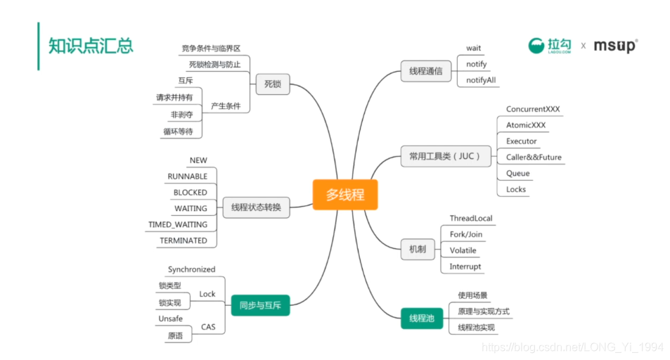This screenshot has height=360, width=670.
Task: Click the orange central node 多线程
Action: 344,195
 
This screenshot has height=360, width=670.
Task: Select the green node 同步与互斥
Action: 260,305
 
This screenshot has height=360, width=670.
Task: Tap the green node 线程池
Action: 422,319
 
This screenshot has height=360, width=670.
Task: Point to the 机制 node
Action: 417,250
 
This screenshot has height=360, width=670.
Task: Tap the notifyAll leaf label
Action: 481,80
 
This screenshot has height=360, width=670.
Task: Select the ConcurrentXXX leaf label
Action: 533,109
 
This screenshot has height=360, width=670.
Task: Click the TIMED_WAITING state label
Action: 178,224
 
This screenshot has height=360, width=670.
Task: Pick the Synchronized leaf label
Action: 191,269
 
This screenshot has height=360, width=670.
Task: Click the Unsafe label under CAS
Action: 171,319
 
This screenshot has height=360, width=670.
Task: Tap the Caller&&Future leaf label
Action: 534,157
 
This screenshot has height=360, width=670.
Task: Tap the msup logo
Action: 615,46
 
